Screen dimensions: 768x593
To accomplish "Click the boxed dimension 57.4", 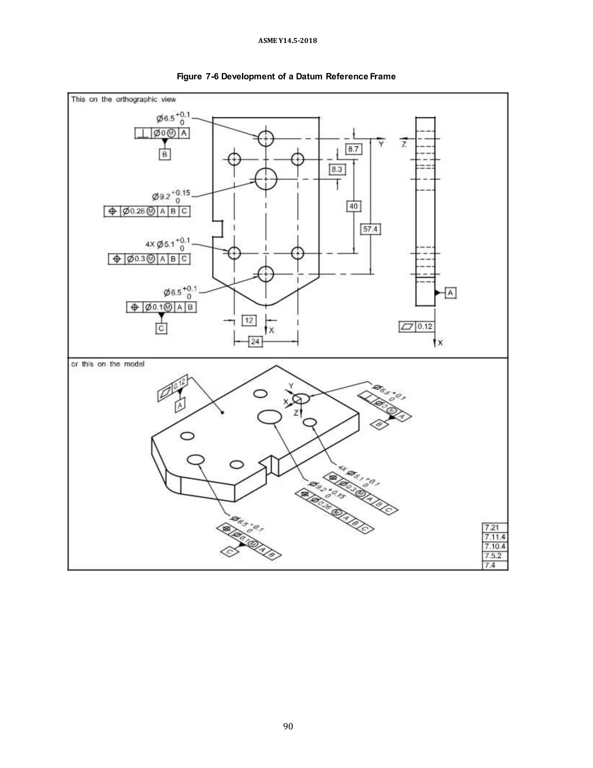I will (x=370, y=230).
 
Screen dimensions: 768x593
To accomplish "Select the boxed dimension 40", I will (x=354, y=206).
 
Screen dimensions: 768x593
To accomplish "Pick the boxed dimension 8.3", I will (x=337, y=170).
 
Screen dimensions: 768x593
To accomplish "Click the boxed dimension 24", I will (x=255, y=341).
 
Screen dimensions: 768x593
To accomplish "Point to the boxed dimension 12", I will (x=249, y=320).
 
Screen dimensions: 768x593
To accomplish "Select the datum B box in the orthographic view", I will (x=164, y=154).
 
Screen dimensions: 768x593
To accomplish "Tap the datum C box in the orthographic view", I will (x=161, y=328).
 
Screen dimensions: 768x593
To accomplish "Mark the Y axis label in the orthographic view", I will (x=381, y=144).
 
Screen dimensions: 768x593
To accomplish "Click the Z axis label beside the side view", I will (x=404, y=144).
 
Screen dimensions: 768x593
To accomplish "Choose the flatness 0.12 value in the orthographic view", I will (x=424, y=327).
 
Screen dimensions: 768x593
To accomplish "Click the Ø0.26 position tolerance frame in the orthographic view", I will (x=147, y=211).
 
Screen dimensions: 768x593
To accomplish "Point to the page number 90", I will (x=288, y=726).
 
